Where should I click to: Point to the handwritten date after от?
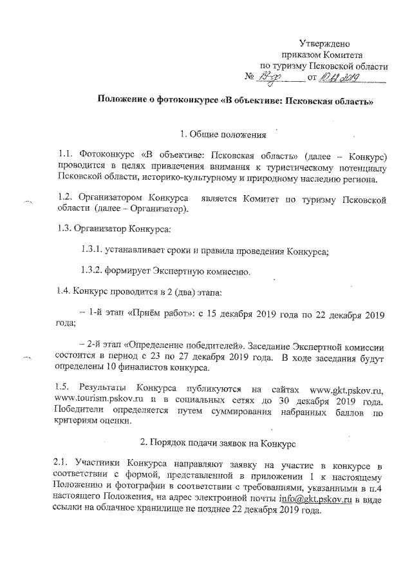tap(341, 77)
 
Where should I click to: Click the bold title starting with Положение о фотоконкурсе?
tap(236, 101)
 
